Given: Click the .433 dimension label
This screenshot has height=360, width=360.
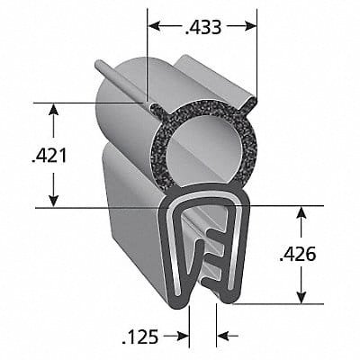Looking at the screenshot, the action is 203,27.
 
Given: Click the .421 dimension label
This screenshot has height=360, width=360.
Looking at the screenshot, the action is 49,157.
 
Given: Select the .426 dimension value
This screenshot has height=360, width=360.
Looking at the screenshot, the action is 297,255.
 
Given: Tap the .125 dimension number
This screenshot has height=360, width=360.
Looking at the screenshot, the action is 140,337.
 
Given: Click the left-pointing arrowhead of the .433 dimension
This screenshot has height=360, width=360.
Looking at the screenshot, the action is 155,26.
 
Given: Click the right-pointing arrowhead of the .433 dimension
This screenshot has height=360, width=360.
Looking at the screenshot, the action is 250,26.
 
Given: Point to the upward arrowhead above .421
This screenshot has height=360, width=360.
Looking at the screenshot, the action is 54,110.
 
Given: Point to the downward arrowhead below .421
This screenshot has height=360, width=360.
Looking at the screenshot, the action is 54,201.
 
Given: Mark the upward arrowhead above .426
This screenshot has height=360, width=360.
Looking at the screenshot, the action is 301,212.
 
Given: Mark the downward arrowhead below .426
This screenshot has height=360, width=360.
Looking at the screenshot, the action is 301,297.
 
